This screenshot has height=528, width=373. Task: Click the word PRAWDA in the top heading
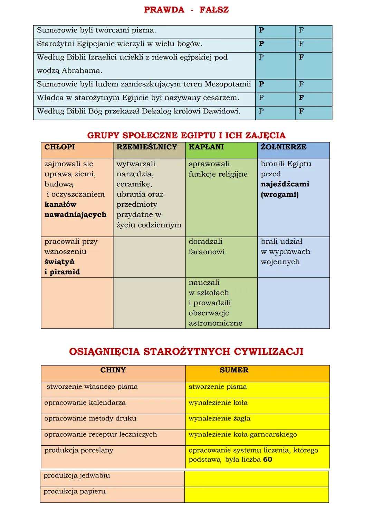(x=164, y=10)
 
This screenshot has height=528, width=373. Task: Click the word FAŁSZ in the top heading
(x=214, y=10)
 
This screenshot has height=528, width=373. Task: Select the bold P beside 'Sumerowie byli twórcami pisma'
(x=261, y=30)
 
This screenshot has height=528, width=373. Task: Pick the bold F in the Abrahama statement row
(x=301, y=57)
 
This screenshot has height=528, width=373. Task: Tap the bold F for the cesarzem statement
(x=301, y=98)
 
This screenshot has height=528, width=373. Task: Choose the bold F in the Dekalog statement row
(x=301, y=111)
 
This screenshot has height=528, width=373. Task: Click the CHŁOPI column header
(x=59, y=147)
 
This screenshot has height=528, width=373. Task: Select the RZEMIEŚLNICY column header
(x=146, y=147)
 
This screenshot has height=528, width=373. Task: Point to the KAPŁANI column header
(x=206, y=147)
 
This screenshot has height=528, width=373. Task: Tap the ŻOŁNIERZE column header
(x=283, y=147)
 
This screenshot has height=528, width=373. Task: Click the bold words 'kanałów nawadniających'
(x=75, y=210)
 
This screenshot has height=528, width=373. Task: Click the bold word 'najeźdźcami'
(x=285, y=184)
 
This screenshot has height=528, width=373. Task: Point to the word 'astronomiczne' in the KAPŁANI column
(x=215, y=323)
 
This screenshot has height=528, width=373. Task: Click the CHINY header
(x=113, y=370)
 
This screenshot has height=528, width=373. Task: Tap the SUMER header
(x=234, y=370)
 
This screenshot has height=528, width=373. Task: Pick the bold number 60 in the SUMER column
(x=267, y=460)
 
